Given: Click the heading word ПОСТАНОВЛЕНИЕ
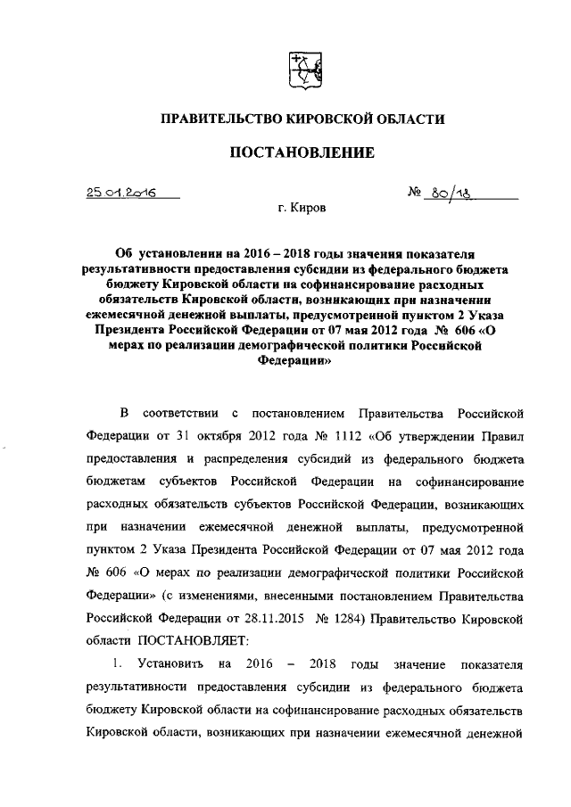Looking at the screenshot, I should click(302, 152).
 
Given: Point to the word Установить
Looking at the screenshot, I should click(178, 664).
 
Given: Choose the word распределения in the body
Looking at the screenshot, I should click(249, 459).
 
